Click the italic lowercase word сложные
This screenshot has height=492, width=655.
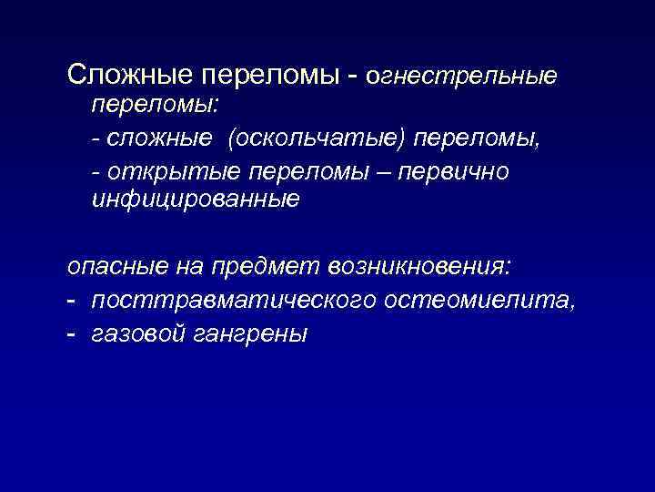160,138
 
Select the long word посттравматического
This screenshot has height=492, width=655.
234,300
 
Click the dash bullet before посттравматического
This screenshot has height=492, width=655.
72,300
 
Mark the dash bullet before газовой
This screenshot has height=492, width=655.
72,333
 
